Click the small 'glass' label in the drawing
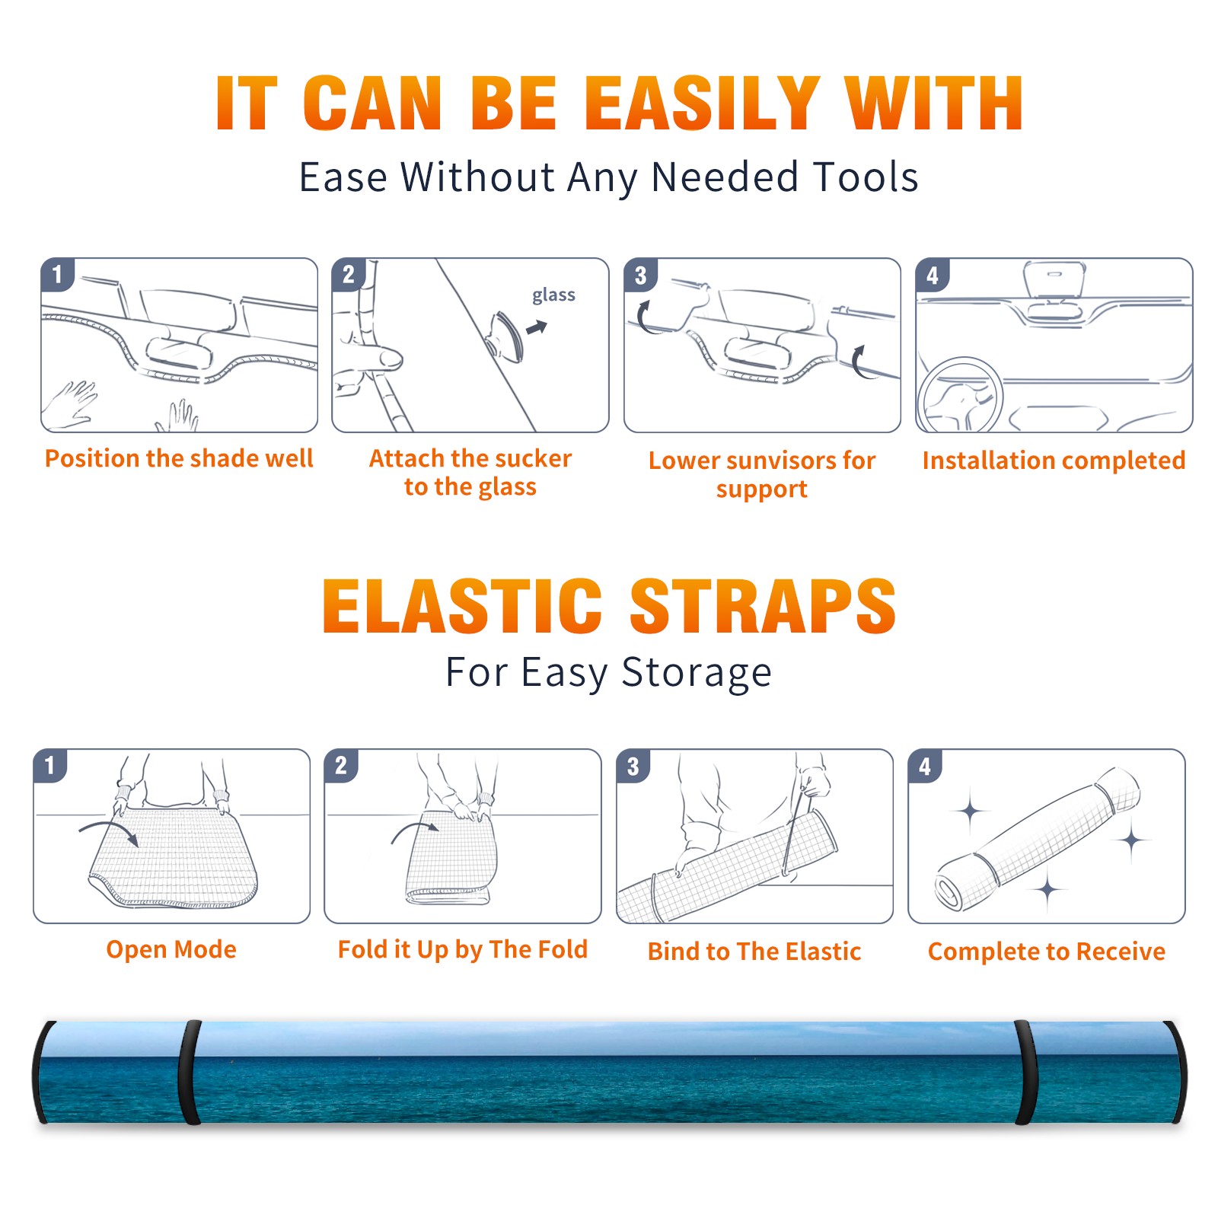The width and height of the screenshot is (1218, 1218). pyautogui.click(x=553, y=295)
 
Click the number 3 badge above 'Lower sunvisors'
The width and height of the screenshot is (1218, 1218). pyautogui.click(x=640, y=275)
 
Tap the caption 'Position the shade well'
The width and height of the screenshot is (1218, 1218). pyautogui.click(x=179, y=458)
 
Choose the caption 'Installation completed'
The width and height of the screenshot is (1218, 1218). pyautogui.click(x=1054, y=461)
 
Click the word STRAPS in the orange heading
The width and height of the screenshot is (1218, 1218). pyautogui.click(x=763, y=606)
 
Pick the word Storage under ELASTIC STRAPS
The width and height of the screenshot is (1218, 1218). pyautogui.click(x=697, y=673)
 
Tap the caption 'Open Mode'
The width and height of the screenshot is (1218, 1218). pyautogui.click(x=171, y=949)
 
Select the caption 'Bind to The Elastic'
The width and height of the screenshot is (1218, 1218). pyautogui.click(x=754, y=952)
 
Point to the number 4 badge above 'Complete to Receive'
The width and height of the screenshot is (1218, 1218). pyautogui.click(x=925, y=766)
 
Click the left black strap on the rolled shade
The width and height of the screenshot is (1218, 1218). pyautogui.click(x=190, y=1072)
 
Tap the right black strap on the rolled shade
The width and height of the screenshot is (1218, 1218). pyautogui.click(x=1025, y=1072)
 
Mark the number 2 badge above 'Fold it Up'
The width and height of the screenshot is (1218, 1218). pyautogui.click(x=341, y=766)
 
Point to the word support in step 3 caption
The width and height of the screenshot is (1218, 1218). pyautogui.click(x=761, y=489)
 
